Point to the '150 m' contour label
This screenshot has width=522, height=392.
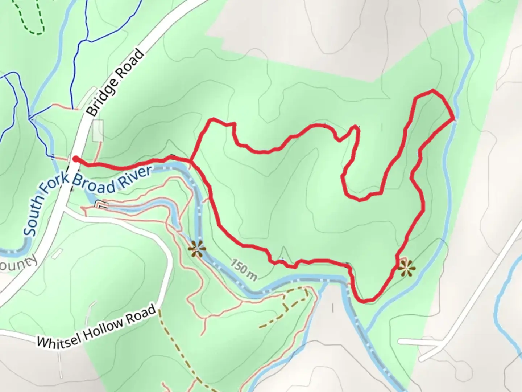tap(244, 270)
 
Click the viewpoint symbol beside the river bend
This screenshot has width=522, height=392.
tap(197, 249)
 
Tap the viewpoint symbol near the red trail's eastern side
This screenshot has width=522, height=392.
tap(406, 269)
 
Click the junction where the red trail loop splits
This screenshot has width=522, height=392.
tap(191, 160)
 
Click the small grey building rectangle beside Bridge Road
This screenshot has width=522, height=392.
tap(98, 131)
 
